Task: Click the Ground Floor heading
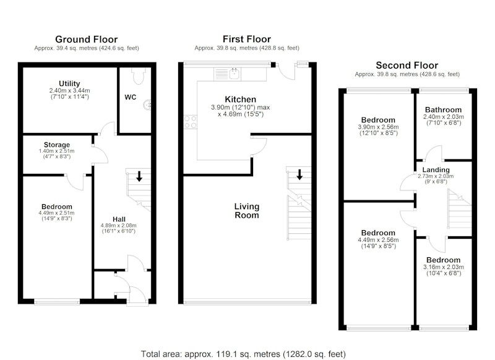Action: pos(86,40)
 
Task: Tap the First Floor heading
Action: pos(246,39)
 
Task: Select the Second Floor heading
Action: pos(407,66)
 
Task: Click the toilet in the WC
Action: pos(139,75)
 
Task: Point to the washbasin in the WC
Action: pos(147,105)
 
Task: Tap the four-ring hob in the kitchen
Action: pos(191,122)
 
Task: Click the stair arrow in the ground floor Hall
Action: pos(139,176)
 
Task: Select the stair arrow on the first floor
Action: pos(299,174)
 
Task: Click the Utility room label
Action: pos(69,84)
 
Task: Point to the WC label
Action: pos(131,97)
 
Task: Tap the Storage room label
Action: pos(57,145)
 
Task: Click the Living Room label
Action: pos(246,211)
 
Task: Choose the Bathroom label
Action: pos(443,110)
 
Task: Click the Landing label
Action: pos(436,169)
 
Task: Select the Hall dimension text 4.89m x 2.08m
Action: pos(119,226)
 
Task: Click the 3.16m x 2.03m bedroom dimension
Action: pos(444,267)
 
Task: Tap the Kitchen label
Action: pos(240,100)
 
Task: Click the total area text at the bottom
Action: pos(243,354)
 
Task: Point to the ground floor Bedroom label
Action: pos(57,207)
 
